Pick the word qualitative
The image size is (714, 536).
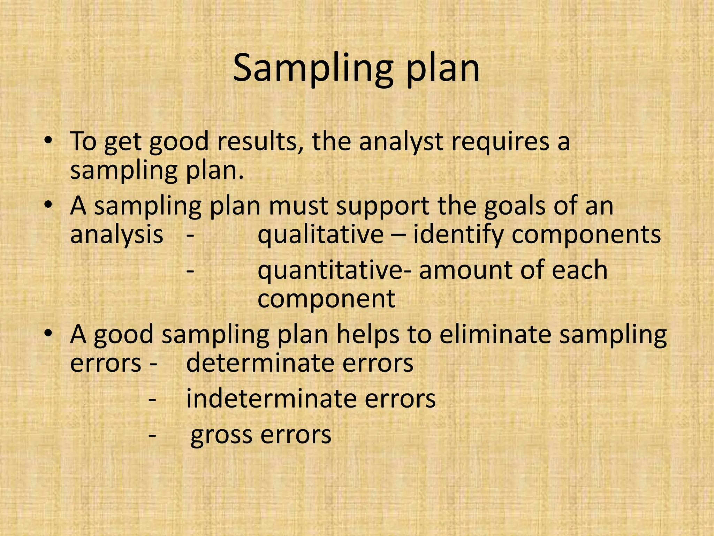tap(320, 235)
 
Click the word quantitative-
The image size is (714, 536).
tap(334, 270)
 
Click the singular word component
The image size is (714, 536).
tap(326, 299)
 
